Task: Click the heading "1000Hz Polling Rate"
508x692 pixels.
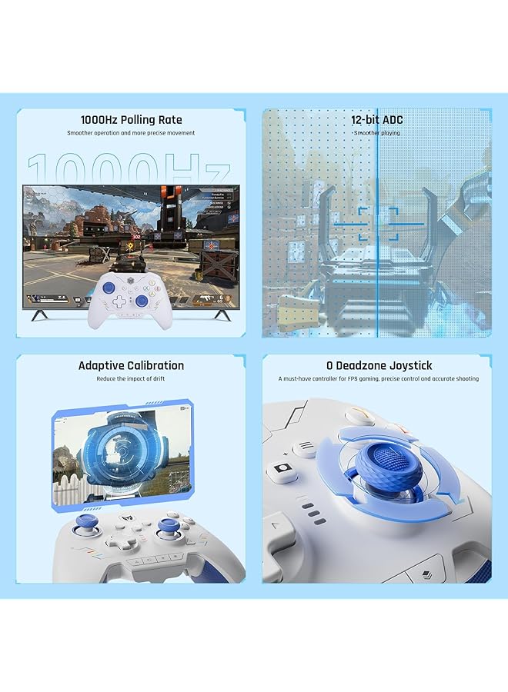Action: (x=130, y=120)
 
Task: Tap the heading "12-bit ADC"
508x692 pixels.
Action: (x=376, y=120)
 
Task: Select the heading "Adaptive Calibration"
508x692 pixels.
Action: (x=131, y=365)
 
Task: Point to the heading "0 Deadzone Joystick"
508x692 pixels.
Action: (x=378, y=365)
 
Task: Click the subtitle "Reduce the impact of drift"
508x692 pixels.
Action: (x=131, y=379)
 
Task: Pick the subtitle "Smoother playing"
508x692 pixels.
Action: (x=376, y=133)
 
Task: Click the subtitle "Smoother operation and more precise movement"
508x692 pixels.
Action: (x=131, y=133)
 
